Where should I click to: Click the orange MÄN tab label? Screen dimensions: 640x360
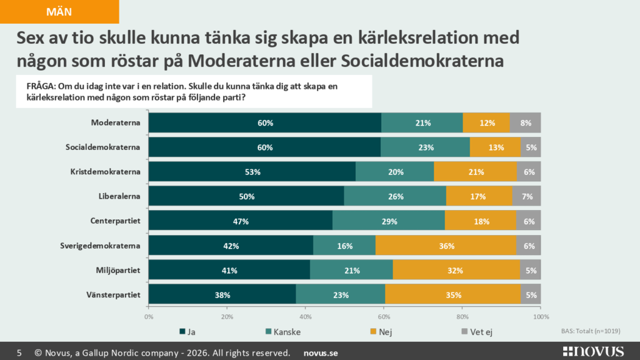tap(59, 11)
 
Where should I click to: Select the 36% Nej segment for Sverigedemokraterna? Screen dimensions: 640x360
tap(446, 246)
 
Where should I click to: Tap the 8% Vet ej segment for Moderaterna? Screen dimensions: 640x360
tap(525, 123)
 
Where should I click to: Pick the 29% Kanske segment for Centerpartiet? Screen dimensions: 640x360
tap(389, 221)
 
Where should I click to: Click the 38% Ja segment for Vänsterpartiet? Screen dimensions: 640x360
tap(222, 295)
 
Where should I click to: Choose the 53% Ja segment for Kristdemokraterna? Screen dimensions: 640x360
tap(252, 172)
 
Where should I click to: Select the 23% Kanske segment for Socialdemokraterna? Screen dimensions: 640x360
tap(425, 147)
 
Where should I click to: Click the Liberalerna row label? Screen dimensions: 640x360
tap(119, 196)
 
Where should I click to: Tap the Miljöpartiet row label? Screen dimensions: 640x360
tap(118, 270)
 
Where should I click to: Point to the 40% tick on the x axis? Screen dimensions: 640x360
tap(305, 317)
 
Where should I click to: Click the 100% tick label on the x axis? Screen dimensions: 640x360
tap(541, 317)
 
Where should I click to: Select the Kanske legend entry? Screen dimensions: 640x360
tap(283, 332)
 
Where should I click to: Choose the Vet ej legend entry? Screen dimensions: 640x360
tap(477, 332)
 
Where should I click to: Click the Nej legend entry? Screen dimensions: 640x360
tap(381, 332)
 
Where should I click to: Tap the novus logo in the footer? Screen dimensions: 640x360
tap(593, 351)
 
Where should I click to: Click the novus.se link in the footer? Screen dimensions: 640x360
tap(321, 353)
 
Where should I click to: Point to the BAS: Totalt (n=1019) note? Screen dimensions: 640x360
tap(591, 331)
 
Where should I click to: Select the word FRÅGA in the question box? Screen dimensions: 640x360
tap(41, 86)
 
